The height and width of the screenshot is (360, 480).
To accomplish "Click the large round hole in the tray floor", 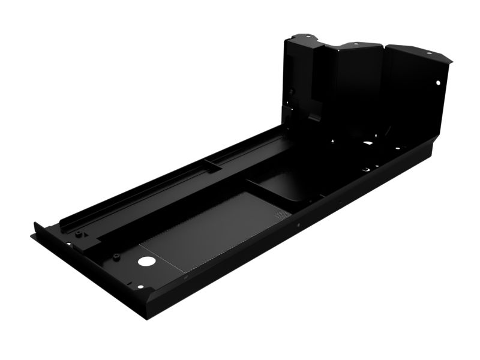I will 145,262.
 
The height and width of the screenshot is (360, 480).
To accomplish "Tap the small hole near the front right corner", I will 140,287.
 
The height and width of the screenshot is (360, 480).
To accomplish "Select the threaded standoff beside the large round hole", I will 116,256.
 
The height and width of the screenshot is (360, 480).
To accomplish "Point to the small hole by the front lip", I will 68,244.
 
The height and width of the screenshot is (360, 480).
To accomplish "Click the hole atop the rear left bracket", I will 310,37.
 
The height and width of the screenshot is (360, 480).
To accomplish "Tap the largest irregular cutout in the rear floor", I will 368,143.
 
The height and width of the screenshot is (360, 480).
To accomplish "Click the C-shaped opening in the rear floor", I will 364,170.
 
